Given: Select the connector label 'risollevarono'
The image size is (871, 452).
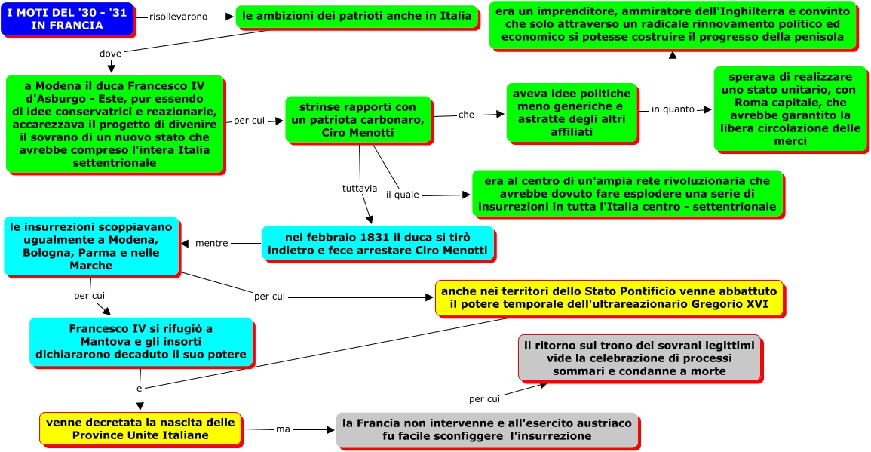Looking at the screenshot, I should pos(179,17).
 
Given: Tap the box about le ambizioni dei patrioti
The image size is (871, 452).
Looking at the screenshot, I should pos(357,16).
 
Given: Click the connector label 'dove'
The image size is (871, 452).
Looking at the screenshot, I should pos(110,53).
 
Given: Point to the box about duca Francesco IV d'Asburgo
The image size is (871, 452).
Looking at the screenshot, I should pos(115,124).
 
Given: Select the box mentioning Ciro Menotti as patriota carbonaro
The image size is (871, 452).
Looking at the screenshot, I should pos(358,119).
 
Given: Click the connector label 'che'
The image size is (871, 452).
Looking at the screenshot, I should pos(466,115).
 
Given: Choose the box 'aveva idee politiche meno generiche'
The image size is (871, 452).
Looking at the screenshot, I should pos(572,112).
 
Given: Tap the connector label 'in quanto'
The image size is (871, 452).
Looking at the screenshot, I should pos(673,109).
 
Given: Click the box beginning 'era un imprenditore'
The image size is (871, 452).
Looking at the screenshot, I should pos(673,25).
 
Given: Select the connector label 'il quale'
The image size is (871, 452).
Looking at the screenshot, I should pos(402,195).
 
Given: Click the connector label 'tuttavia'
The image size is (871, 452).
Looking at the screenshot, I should pos(359,187).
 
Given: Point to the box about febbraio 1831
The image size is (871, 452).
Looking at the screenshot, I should pos(377,243).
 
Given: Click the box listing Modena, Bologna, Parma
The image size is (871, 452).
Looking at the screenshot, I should pos(91,246).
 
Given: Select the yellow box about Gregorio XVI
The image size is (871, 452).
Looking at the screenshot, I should pos(609,297).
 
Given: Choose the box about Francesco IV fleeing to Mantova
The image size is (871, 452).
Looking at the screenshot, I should pos(141,342).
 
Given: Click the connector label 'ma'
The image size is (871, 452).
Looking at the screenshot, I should pos(283,429).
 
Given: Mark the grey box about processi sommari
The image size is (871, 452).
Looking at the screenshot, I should pos(639,358).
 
